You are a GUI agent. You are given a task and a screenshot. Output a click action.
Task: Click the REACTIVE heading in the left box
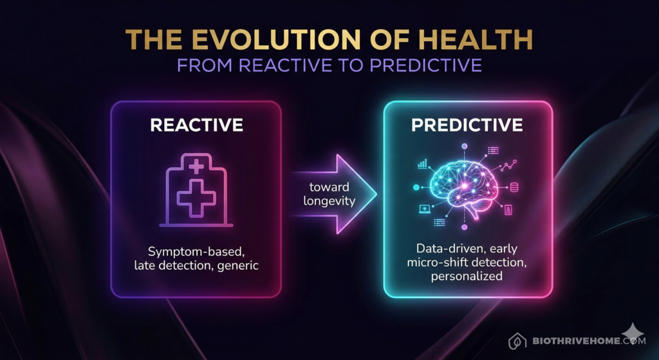click(196, 124)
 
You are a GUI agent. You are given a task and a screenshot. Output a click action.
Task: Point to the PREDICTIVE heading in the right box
click(467, 124)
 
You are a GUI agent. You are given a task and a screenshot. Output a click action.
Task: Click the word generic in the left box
click(238, 265)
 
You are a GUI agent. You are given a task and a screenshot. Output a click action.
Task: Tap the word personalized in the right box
click(468, 276)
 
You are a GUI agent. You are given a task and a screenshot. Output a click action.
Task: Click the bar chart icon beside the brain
click(423, 164)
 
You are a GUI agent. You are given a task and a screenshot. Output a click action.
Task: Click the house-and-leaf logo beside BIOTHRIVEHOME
click(515, 341)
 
